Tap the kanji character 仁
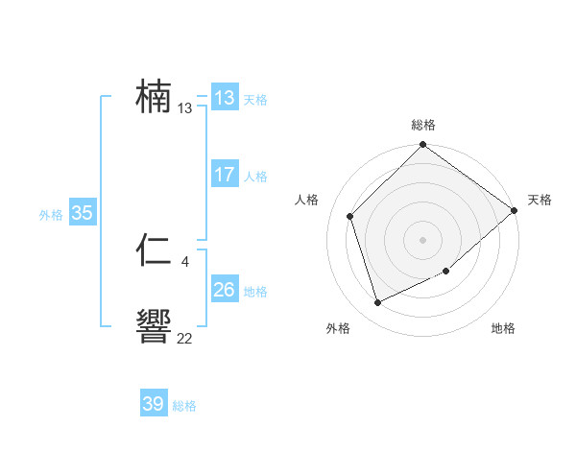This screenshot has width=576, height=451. pos(155,251)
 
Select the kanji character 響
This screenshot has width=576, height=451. pos(155,327)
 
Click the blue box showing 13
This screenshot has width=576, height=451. pos(224,98)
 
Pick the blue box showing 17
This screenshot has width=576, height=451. pos(224,175)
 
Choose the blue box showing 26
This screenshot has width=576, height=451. pos(224,290)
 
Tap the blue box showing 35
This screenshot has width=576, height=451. pos(82,213)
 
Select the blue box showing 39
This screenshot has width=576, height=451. pos(153,404)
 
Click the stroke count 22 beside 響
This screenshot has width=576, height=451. pos(184,338)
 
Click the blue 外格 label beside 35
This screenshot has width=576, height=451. pos(51,215)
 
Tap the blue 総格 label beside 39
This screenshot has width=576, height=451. pos(184,407)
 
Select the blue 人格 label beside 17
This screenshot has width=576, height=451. pos(255,177)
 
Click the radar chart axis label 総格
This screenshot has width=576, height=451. pos(423,125)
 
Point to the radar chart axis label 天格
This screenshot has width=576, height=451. pos(540,200)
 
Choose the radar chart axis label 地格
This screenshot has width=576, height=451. pos(503,329)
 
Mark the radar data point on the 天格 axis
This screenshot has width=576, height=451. pos(515,210)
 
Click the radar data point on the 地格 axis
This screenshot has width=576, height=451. pos(447,272)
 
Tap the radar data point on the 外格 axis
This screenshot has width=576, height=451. pos(378,303)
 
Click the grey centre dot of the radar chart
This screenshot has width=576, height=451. pos(422,239)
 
